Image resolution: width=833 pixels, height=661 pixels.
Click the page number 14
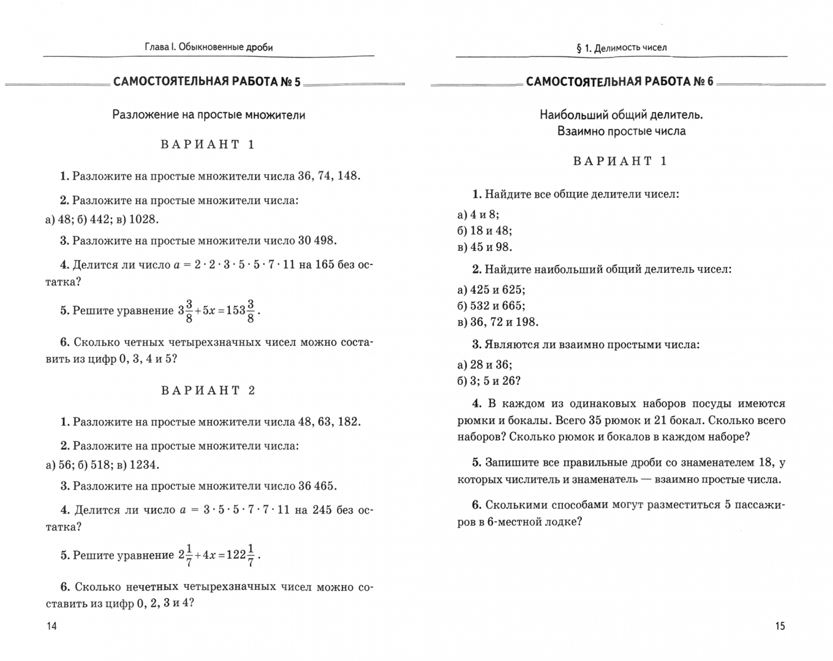pos(51,626)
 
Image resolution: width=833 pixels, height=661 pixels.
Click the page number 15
pos(780,626)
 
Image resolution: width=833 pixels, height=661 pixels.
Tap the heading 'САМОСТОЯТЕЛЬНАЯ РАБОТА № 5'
pos(207,82)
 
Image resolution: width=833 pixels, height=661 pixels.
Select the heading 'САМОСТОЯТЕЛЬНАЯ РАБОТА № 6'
pos(620,82)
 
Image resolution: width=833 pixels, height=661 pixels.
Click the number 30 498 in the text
pos(317,241)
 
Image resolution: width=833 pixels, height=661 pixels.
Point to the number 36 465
pos(317,486)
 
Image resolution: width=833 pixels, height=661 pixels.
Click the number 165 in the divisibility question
pos(325,265)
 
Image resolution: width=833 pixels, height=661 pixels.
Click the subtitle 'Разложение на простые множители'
pos(208,114)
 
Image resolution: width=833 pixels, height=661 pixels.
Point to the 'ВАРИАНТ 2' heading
pos(208,390)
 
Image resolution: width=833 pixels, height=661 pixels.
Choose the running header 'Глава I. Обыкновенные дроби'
pos(208,47)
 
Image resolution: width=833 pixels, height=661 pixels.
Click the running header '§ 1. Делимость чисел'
pos(621,47)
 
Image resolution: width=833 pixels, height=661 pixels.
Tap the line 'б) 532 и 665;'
pos(491,305)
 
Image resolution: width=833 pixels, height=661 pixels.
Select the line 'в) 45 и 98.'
pos(484,247)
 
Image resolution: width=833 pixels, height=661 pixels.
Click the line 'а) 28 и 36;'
pos(484,365)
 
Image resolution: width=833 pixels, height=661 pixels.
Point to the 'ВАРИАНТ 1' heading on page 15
pos(620,161)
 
